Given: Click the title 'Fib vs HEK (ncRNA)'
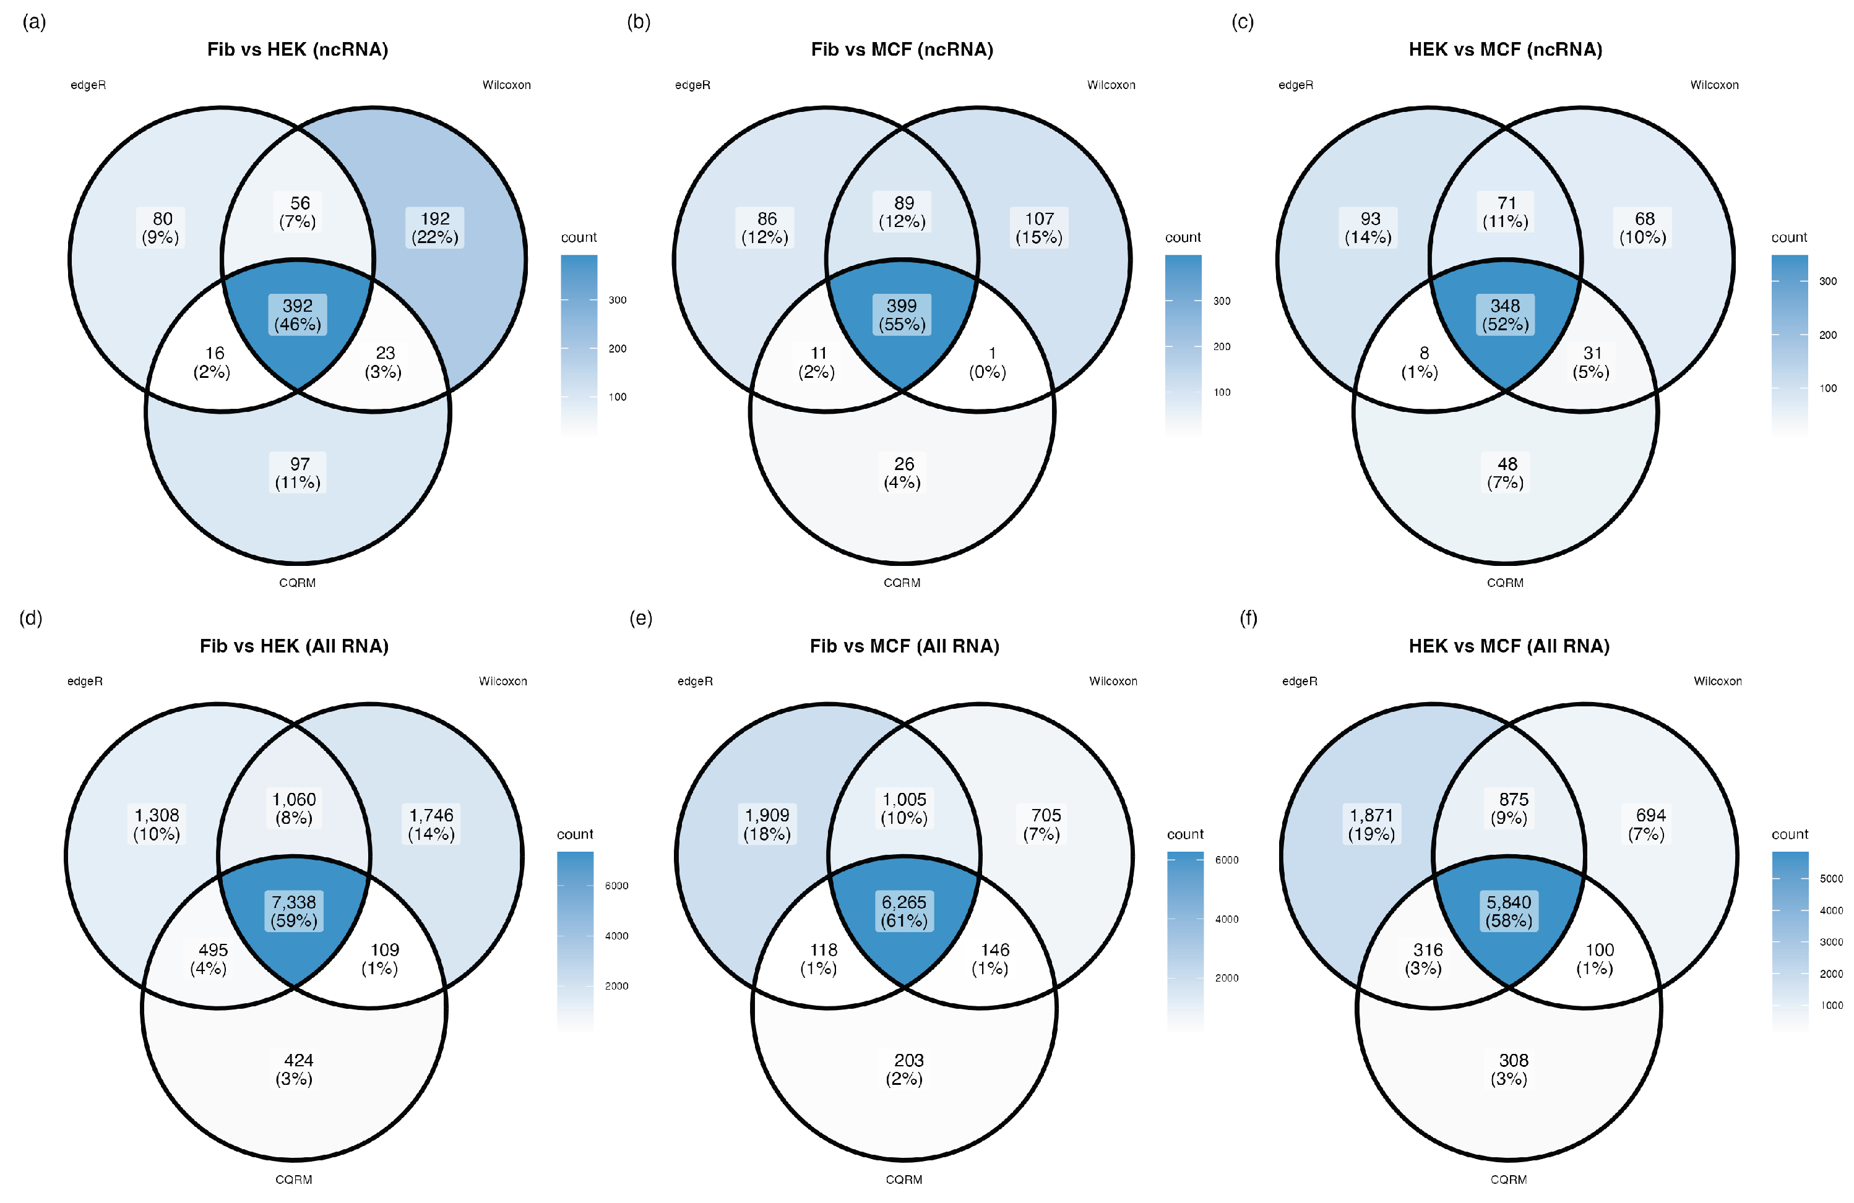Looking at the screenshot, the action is click(x=298, y=49).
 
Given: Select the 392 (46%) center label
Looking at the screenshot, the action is click(x=298, y=315).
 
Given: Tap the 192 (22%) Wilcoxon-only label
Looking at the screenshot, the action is click(x=434, y=228).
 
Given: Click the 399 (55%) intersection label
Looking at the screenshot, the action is click(x=902, y=315).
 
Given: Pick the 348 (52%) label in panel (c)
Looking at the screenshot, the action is click(x=1505, y=315).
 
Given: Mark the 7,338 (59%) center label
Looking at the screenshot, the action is click(x=294, y=911).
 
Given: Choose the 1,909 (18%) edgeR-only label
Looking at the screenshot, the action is click(x=767, y=824).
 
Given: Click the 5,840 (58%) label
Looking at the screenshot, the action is click(x=1509, y=911).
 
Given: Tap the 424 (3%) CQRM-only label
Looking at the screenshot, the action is click(x=295, y=1069).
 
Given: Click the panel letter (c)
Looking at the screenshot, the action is click(x=1243, y=21).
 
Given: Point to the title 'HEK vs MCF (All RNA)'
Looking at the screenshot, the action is click(x=1509, y=646).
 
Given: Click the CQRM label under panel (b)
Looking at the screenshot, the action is click(x=902, y=583).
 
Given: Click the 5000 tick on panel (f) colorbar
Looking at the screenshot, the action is click(x=1830, y=878).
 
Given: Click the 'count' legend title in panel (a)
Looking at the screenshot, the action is click(x=578, y=237).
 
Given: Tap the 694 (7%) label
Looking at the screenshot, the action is click(x=1646, y=824).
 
